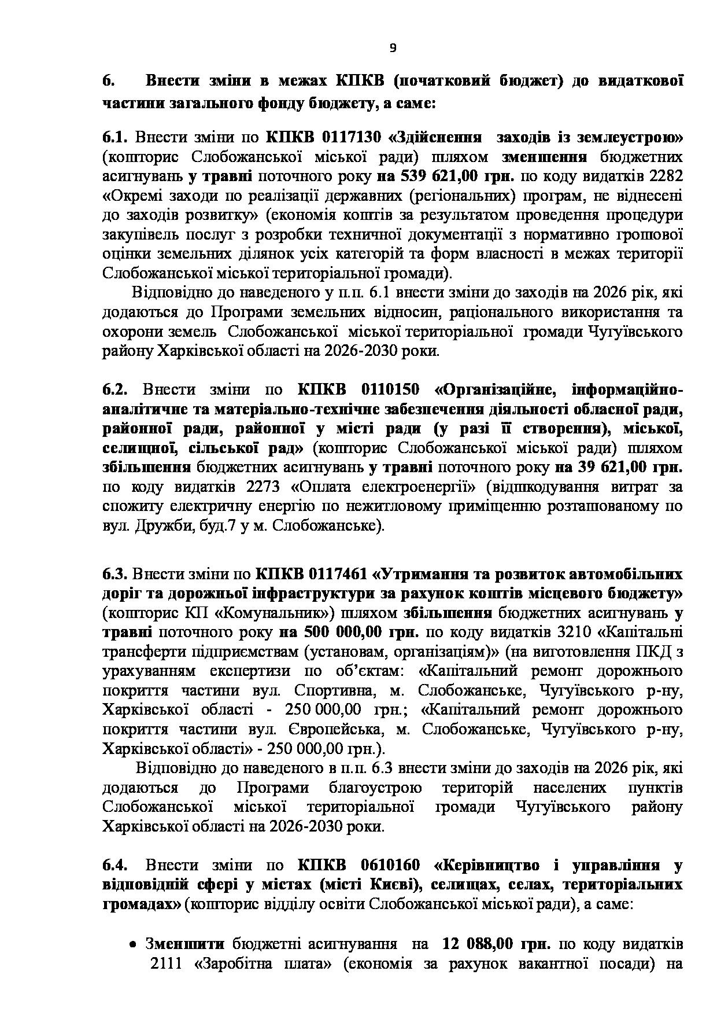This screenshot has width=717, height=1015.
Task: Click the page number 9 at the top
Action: tap(393, 49)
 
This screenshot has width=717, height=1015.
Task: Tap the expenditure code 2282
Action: tap(666, 176)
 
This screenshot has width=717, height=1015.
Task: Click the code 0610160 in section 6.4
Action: tap(382, 865)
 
